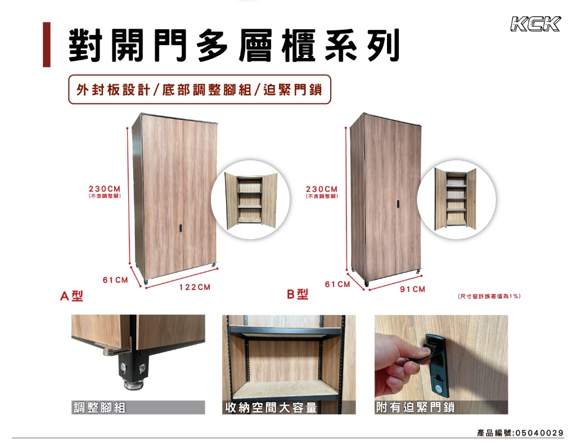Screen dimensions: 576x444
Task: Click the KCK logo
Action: tap(535, 24)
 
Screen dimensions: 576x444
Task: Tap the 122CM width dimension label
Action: tap(195, 287)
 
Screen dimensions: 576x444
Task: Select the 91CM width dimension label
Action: tap(412, 289)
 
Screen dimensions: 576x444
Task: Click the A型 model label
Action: tap(71, 295)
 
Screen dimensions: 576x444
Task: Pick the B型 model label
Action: tap(298, 294)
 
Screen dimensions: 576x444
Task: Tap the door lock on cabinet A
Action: tap(181, 228)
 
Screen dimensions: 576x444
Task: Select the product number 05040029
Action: tap(539, 433)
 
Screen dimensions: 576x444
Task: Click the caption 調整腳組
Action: tap(100, 407)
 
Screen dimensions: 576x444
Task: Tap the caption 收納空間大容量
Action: tap(271, 407)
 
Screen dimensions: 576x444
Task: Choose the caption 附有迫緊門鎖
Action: tap(416, 407)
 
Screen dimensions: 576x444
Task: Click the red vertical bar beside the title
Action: tap(47, 45)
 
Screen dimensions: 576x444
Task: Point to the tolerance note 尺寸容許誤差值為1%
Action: tap(489, 296)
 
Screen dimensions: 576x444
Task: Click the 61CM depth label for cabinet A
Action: tap(115, 280)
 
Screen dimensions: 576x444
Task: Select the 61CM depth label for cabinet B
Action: tap(337, 284)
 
